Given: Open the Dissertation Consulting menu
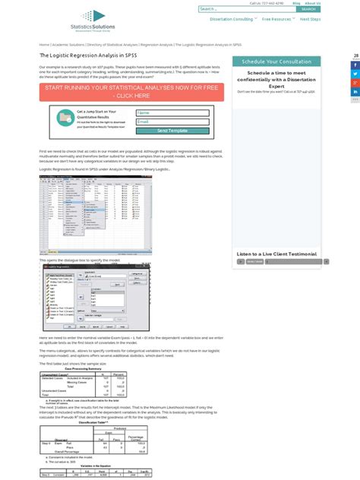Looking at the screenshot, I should pyautogui.click(x=232, y=19).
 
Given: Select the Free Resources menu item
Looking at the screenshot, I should pyautogui.click(x=277, y=19).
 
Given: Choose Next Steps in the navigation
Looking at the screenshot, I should pyautogui.click(x=310, y=19).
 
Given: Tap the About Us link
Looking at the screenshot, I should pyautogui.click(x=312, y=3).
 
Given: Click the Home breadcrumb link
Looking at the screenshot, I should pyautogui.click(x=44, y=45).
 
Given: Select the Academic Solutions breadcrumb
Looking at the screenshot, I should pyautogui.click(x=68, y=45).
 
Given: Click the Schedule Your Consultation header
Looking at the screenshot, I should pyautogui.click(x=276, y=62).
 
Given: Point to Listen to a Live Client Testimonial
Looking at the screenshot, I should pyautogui.click(x=276, y=254).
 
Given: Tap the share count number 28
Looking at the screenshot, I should pyautogui.click(x=355, y=55).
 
